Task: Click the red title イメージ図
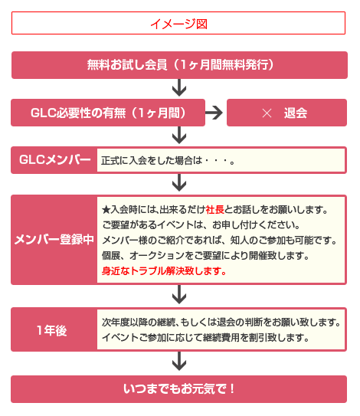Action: pyautogui.click(x=178, y=24)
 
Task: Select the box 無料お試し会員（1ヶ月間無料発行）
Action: pyautogui.click(x=179, y=65)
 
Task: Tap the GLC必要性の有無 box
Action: pyautogui.click(x=108, y=113)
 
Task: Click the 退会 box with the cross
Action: pyautogui.click(x=286, y=113)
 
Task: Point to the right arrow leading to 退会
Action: pyautogui.click(x=214, y=113)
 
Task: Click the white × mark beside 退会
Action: pyautogui.click(x=267, y=113)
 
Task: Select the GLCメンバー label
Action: pyautogui.click(x=54, y=160)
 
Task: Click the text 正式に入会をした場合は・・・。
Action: pyautogui.click(x=168, y=161)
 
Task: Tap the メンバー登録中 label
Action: pyautogui.click(x=54, y=240)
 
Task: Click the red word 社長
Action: pyautogui.click(x=215, y=210)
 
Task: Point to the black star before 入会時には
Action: pyautogui.click(x=106, y=210)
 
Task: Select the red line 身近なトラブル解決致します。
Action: pyautogui.click(x=164, y=271)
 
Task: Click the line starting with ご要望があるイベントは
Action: pyautogui.click(x=201, y=225)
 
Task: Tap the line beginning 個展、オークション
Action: pyautogui.click(x=205, y=256)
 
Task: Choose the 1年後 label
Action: pyautogui.click(x=52, y=330)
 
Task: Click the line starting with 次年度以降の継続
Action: pyautogui.click(x=221, y=323)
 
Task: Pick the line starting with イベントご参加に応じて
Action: pyautogui.click(x=205, y=338)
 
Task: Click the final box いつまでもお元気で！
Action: pyautogui.click(x=178, y=389)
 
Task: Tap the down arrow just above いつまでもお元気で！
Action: pyautogui.click(x=179, y=361)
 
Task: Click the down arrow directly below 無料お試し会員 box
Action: pyautogui.click(x=179, y=87)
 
